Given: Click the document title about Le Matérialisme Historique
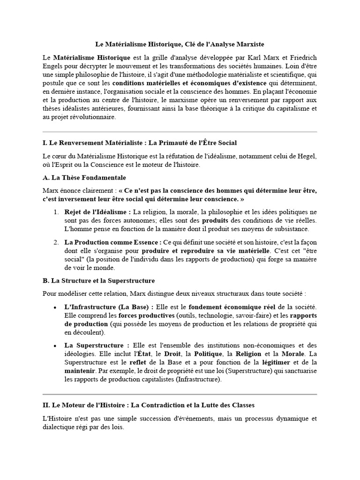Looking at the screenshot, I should pos(180,45).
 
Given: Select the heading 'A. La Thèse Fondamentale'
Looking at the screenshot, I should pos(84,178).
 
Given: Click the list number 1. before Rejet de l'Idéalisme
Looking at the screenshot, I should pos(56,212).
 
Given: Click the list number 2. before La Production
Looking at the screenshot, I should pos(56,242).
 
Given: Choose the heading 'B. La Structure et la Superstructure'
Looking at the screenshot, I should pos(98,280).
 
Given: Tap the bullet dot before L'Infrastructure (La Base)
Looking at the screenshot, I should pos(56,307).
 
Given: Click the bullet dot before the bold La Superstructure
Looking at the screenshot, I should pos(56,345).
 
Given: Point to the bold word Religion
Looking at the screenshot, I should pos(249,354).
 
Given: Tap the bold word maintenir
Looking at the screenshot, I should pos(80,371).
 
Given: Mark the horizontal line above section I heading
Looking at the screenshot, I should pos(180,132).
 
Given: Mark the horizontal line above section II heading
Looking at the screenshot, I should pos(180,394).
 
